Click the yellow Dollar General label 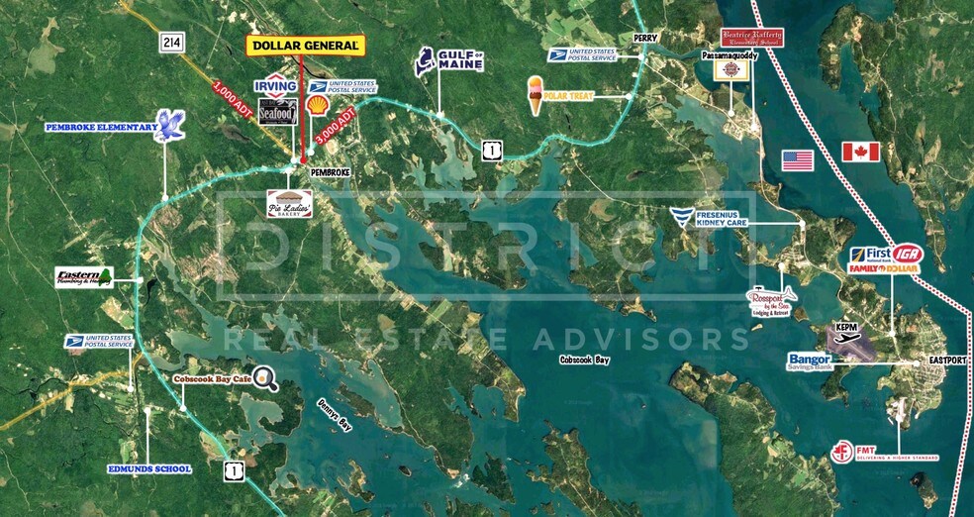[305, 46]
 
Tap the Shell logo [319, 104]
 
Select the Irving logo [276, 86]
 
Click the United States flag [797, 160]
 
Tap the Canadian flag [860, 152]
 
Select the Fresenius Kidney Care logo [681, 217]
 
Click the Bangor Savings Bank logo [811, 361]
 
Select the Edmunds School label [150, 468]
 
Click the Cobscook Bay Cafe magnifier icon [263, 376]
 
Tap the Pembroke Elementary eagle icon [171, 126]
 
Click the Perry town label [646, 38]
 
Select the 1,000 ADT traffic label [234, 100]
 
